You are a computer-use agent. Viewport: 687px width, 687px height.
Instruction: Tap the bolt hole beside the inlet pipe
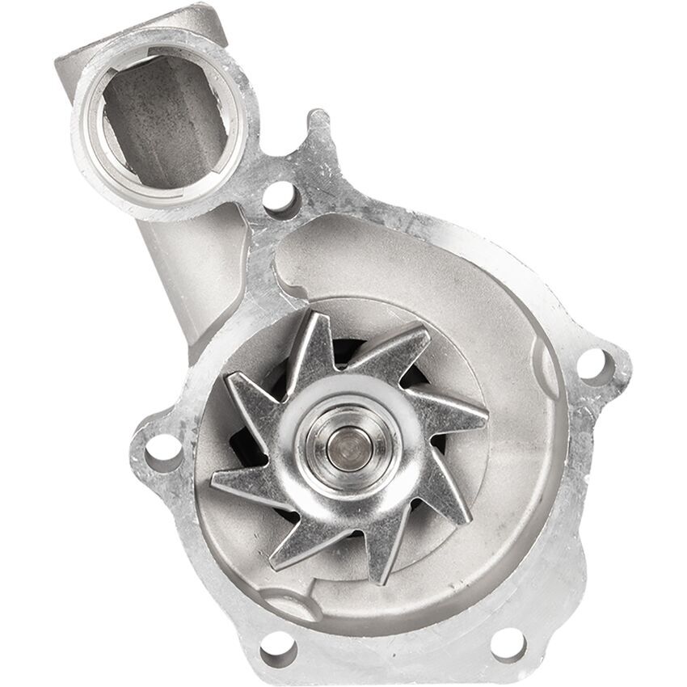(280, 196)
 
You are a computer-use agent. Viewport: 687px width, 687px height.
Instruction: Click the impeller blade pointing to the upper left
(251, 396)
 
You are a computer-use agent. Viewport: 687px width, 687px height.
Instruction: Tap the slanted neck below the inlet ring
(190, 267)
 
